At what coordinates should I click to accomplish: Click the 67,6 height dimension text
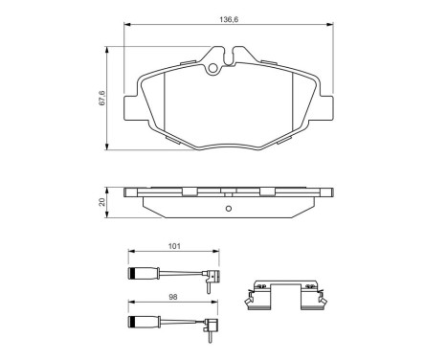click(102, 95)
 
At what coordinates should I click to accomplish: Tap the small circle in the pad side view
click(227, 210)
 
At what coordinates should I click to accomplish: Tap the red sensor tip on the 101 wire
click(216, 279)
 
